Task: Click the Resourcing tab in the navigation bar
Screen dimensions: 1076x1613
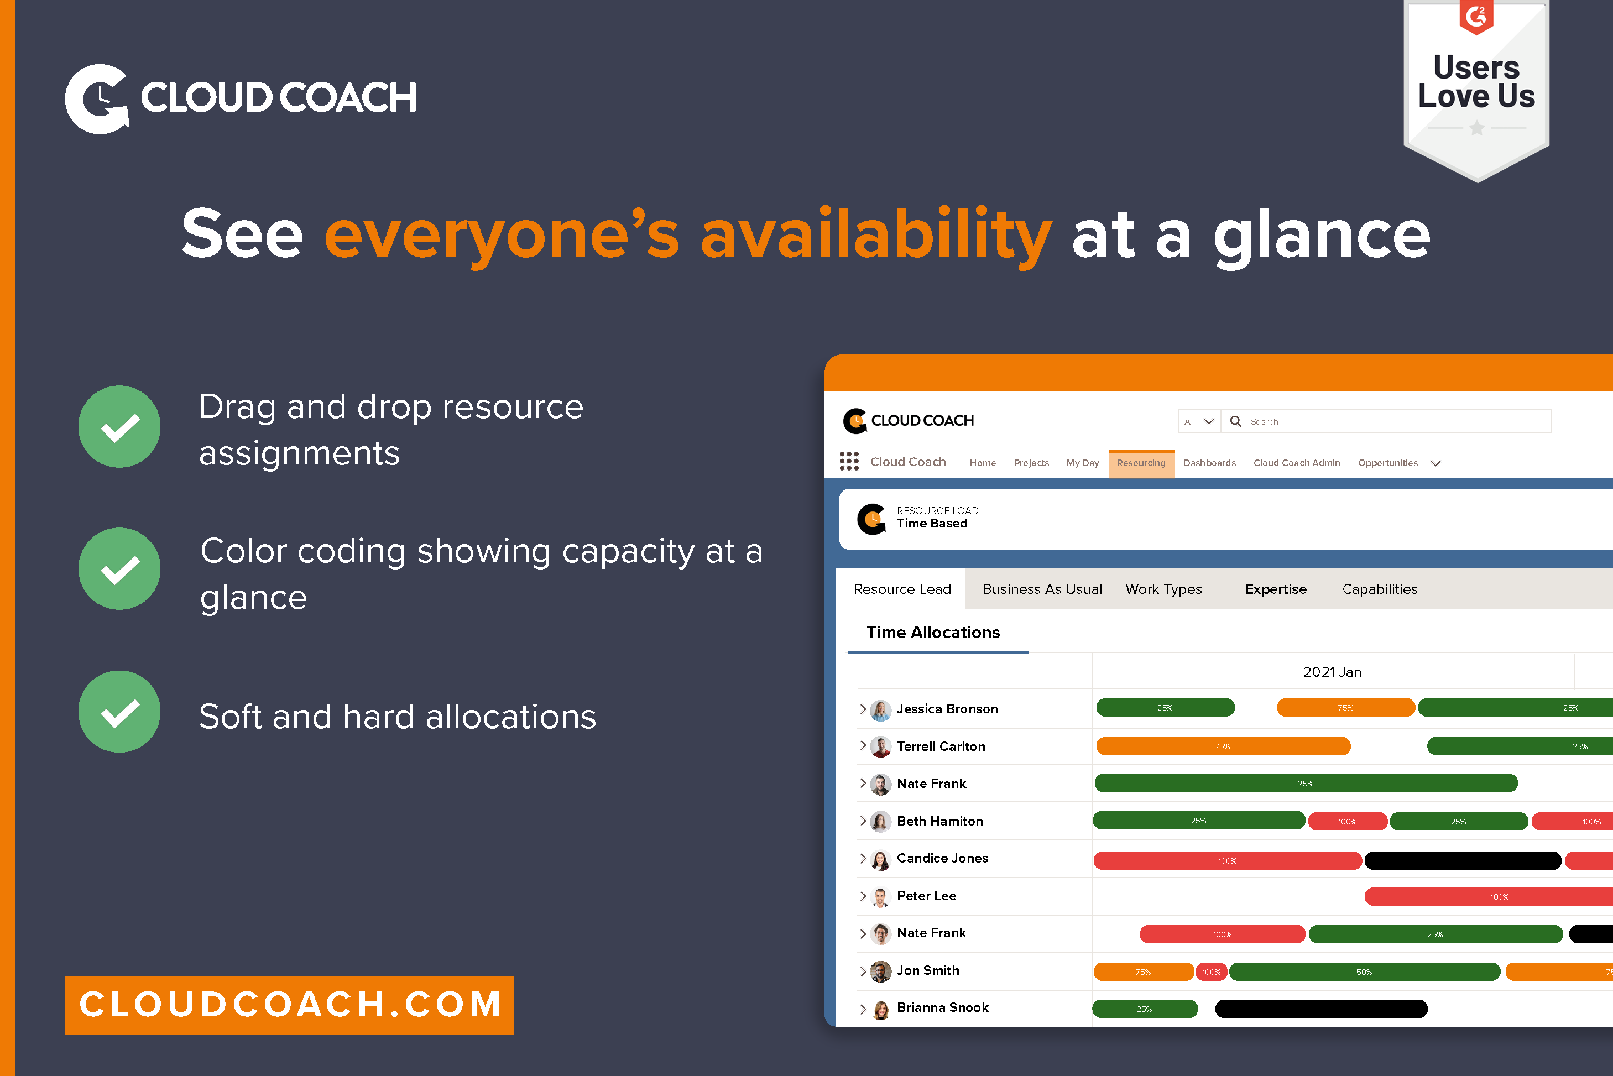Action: tap(1140, 463)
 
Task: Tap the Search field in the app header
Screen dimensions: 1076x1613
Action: tap(1393, 421)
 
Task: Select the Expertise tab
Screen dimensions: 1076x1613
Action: tap(1276, 589)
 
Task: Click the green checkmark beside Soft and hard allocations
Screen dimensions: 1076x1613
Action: tap(119, 712)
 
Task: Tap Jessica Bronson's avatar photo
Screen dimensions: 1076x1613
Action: tap(880, 709)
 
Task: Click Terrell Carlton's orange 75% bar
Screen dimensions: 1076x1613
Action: tap(1223, 746)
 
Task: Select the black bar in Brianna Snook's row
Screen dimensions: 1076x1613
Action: tap(1320, 1008)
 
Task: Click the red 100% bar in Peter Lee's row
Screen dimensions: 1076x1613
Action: tap(1489, 896)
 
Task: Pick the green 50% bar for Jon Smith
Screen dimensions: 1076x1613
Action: tap(1364, 971)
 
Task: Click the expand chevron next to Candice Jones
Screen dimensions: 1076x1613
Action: tap(863, 859)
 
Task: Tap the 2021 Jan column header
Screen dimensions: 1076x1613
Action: tap(1332, 672)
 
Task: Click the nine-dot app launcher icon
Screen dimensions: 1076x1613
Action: tap(849, 461)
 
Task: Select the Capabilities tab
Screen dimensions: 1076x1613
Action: tap(1379, 589)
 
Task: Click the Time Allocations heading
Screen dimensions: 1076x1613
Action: tap(932, 632)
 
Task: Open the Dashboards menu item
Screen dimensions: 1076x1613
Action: tap(1209, 463)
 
